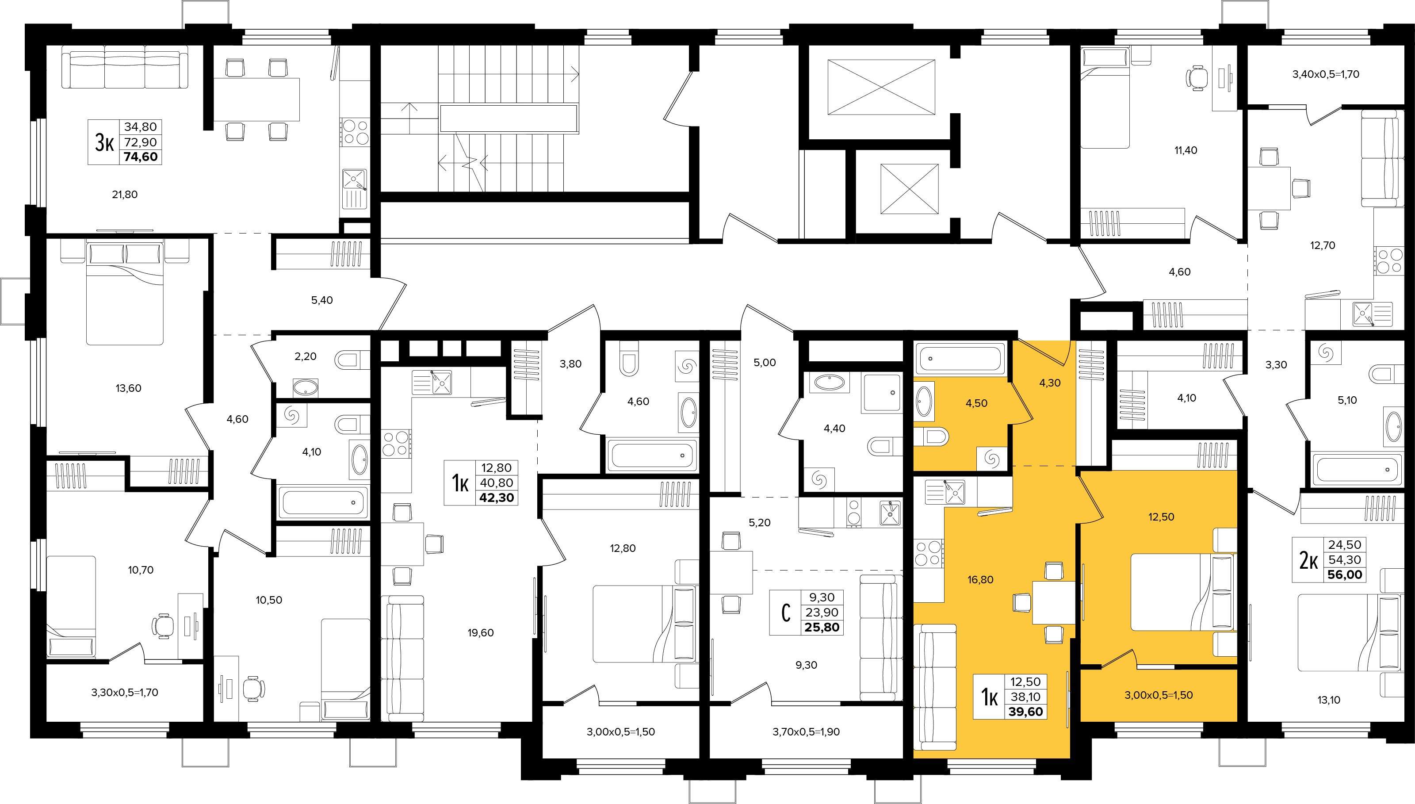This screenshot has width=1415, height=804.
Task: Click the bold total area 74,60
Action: pyautogui.click(x=141, y=157)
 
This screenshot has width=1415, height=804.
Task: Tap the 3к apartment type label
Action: pyautogui.click(x=104, y=142)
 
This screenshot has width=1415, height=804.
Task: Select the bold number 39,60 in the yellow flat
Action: pyautogui.click(x=1026, y=712)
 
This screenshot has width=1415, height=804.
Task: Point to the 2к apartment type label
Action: pyautogui.click(x=1308, y=560)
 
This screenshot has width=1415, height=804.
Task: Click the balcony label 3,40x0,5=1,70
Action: pyautogui.click(x=1326, y=74)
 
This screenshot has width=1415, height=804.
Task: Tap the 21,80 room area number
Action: pyautogui.click(x=125, y=195)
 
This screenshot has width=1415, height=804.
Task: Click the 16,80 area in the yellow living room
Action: pyautogui.click(x=980, y=580)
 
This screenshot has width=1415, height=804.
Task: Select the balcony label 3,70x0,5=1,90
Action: pyautogui.click(x=806, y=731)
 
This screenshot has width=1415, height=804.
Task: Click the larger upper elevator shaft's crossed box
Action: pyautogui.click(x=881, y=87)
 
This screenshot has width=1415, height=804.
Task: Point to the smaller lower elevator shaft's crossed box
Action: pyautogui.click(x=909, y=188)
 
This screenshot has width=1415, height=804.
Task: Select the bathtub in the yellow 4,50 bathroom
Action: pyautogui.click(x=960, y=358)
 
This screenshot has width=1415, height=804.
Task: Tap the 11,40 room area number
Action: pyautogui.click(x=1186, y=150)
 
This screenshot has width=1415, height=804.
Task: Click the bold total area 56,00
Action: pyautogui.click(x=1345, y=575)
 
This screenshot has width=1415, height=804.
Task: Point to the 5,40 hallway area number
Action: pyautogui.click(x=322, y=300)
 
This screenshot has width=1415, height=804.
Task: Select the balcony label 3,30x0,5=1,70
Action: pyautogui.click(x=125, y=693)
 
